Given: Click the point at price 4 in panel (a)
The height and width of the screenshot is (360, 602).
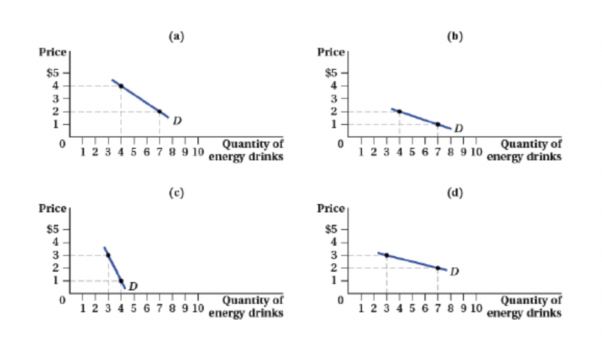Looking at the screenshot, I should tap(120, 86).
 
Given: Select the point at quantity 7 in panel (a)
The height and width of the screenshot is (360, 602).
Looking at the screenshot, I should tap(159, 111).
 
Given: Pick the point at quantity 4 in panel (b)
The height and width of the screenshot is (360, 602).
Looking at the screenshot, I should tap(399, 111).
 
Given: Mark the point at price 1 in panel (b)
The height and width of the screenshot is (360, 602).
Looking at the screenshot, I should tap(438, 124).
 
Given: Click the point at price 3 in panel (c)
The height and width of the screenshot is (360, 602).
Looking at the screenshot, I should tap(108, 255).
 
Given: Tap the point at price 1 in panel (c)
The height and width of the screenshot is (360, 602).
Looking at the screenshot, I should tap(120, 281).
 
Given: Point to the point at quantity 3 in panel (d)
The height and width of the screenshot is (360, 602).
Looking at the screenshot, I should tap(386, 255).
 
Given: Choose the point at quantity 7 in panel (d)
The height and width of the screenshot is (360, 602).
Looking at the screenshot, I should tap(438, 268).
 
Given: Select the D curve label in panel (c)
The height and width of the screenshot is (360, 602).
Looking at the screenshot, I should tap(133, 286).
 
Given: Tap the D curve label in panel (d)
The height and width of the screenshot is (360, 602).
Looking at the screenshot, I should tap(454, 272).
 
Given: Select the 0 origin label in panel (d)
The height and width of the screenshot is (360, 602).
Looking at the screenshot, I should tap(341, 299).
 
